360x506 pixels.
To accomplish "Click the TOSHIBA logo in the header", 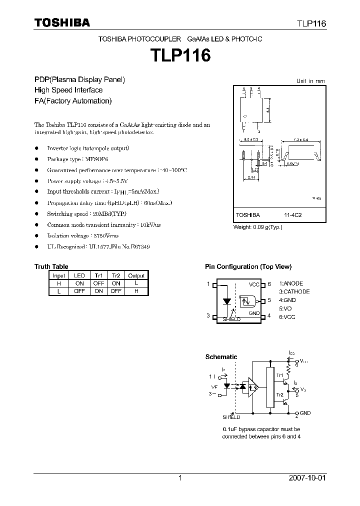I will [62, 22].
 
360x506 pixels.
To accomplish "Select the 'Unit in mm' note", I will [310, 81].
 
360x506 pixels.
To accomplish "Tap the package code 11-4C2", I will [293, 215].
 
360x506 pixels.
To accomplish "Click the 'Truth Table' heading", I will [51, 266].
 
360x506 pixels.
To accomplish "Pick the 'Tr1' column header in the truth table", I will [98, 275].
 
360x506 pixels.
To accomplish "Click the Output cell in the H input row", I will [136, 283].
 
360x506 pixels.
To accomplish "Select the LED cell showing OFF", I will [79, 291].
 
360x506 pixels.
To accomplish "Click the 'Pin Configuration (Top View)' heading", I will [248, 267].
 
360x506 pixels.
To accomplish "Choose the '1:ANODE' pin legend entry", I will [291, 283].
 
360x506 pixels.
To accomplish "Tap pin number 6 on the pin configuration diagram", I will [269, 284].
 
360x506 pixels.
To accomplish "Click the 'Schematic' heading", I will [221, 357].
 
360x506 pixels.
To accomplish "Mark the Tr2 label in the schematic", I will [279, 395].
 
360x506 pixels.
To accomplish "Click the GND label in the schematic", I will [305, 413].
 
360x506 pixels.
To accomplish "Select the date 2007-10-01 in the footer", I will [307, 478].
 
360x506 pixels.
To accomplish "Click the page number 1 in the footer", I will [180, 478].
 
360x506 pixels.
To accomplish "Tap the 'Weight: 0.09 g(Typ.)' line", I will [258, 227].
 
